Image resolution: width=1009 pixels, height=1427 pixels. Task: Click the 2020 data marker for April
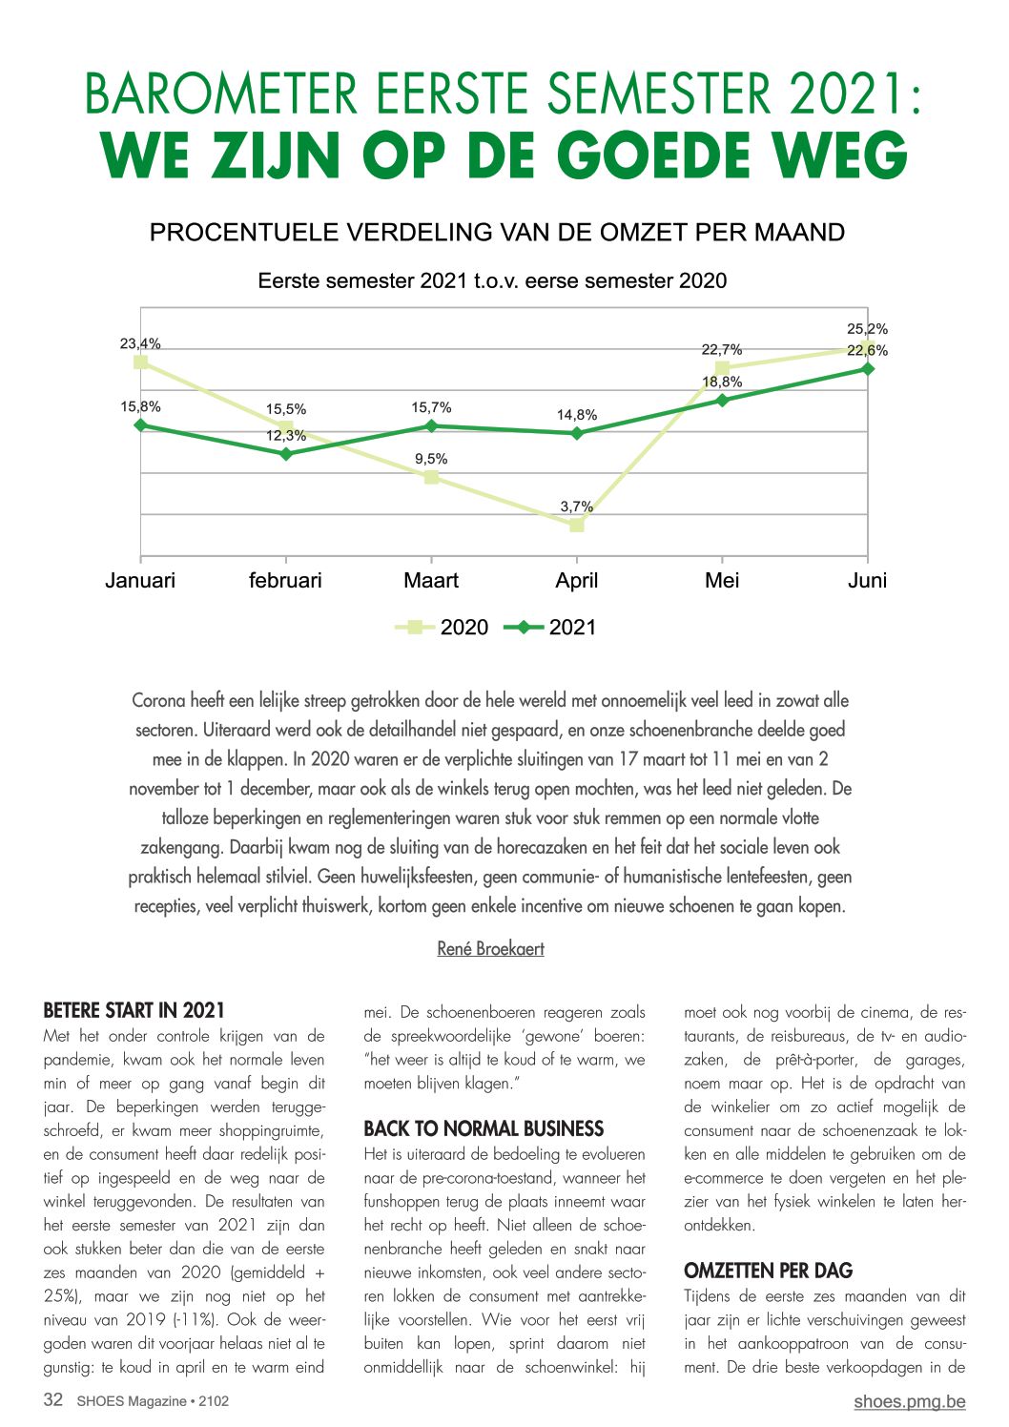(x=576, y=525)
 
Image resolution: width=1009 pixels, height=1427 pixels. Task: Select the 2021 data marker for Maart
(x=431, y=425)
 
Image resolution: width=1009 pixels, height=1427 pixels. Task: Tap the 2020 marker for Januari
(x=141, y=362)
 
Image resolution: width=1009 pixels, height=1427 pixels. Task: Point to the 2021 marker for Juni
(x=867, y=368)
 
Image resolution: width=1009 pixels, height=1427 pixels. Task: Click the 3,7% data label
(x=576, y=507)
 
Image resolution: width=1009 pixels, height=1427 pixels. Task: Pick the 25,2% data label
(x=867, y=329)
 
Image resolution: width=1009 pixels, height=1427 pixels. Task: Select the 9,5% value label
(x=431, y=459)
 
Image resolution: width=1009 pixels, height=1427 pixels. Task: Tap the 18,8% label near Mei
(x=722, y=382)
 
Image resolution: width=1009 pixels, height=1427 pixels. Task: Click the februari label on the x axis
(x=285, y=580)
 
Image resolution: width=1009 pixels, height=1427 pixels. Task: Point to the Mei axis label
(x=722, y=580)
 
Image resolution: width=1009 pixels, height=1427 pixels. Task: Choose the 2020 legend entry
(x=442, y=628)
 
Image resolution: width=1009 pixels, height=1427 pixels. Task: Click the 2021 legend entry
(x=549, y=628)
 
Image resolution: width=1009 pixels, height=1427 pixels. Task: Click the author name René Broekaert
(x=490, y=948)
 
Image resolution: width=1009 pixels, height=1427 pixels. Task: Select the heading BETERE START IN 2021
(x=134, y=1010)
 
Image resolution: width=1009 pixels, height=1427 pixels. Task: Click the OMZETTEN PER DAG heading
(x=769, y=1271)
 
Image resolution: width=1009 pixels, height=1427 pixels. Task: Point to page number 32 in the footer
(x=52, y=1399)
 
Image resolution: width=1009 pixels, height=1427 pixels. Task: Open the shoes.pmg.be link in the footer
(x=910, y=1401)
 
